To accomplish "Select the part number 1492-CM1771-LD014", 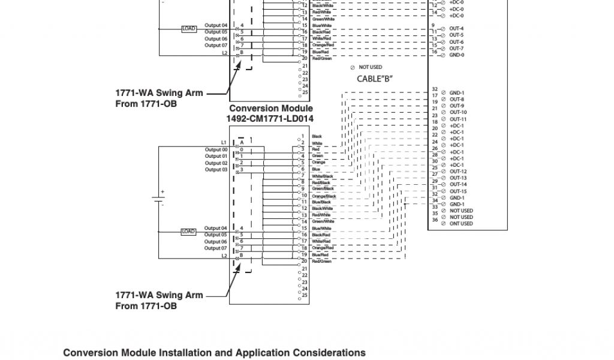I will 269,119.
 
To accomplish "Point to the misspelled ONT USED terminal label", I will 460,224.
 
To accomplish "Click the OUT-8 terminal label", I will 456,99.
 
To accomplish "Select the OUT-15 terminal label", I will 458,191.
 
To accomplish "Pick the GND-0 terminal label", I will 456,55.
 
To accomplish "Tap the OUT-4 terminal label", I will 456,29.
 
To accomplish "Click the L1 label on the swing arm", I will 224,142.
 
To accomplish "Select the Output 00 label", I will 216,149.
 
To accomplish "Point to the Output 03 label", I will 216,170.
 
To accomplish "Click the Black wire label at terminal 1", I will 317,137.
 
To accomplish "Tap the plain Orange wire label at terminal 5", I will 318,163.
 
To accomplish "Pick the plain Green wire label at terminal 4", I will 317,156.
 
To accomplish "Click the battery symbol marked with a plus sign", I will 159,199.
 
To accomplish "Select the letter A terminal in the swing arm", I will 242,142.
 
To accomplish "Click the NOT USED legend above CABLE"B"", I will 370,67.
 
